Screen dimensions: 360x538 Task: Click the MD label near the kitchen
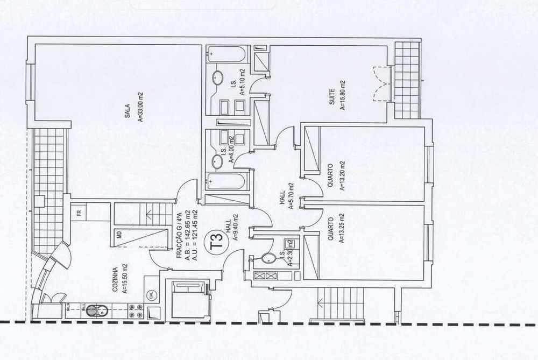point(119,235)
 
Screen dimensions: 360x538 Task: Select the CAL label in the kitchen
point(152,295)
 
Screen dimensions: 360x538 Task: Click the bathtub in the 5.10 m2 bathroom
point(228,54)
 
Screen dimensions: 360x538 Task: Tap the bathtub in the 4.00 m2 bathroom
point(228,181)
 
